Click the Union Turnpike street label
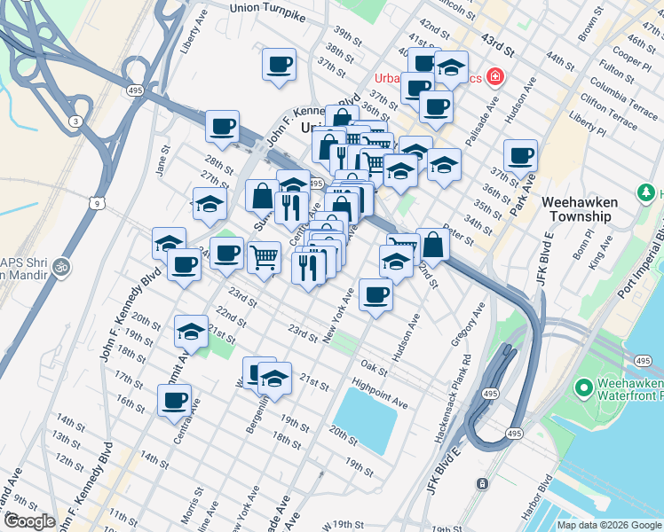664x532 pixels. [x=269, y=8]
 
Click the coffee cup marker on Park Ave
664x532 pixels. [x=521, y=156]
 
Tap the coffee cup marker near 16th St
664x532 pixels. [x=174, y=400]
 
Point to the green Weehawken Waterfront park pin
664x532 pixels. [x=583, y=387]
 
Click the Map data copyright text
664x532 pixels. [x=608, y=525]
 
